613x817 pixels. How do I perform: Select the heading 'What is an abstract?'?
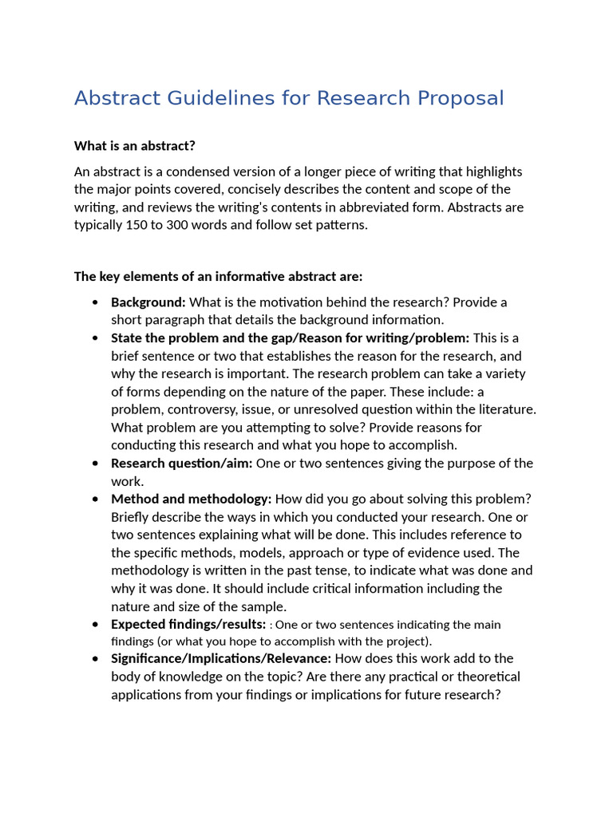coord(134,145)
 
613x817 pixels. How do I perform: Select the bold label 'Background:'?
coord(148,302)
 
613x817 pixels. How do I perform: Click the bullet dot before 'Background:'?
coord(96,302)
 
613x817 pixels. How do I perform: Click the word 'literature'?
coord(504,409)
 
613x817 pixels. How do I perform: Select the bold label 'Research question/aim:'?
coord(181,463)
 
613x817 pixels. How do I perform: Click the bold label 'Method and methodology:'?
coord(191,499)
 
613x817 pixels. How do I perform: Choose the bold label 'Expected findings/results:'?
coord(188,624)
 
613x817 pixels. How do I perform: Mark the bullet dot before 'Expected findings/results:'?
coord(96,625)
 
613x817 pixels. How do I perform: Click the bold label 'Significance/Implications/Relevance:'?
coord(221,658)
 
